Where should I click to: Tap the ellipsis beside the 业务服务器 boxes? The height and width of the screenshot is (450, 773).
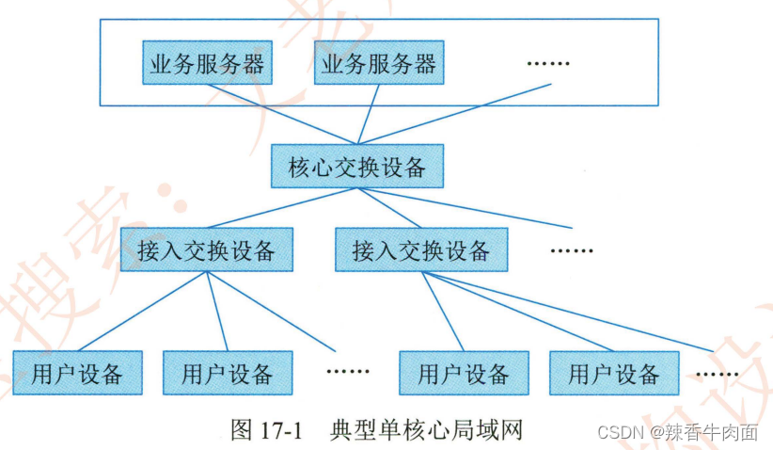[548, 63]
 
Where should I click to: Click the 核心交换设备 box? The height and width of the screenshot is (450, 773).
[356, 168]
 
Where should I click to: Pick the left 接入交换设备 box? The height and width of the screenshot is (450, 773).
[206, 250]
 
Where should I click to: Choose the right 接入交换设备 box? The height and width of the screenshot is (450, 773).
[421, 250]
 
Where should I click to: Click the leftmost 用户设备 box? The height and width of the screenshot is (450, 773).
[77, 373]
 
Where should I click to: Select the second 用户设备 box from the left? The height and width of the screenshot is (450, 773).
[227, 373]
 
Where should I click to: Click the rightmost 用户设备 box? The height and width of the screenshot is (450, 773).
[614, 373]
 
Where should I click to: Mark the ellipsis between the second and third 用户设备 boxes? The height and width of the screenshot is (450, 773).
[349, 370]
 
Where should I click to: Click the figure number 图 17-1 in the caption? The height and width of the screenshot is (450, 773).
[265, 429]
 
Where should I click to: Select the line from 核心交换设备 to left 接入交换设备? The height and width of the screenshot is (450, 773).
[282, 208]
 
